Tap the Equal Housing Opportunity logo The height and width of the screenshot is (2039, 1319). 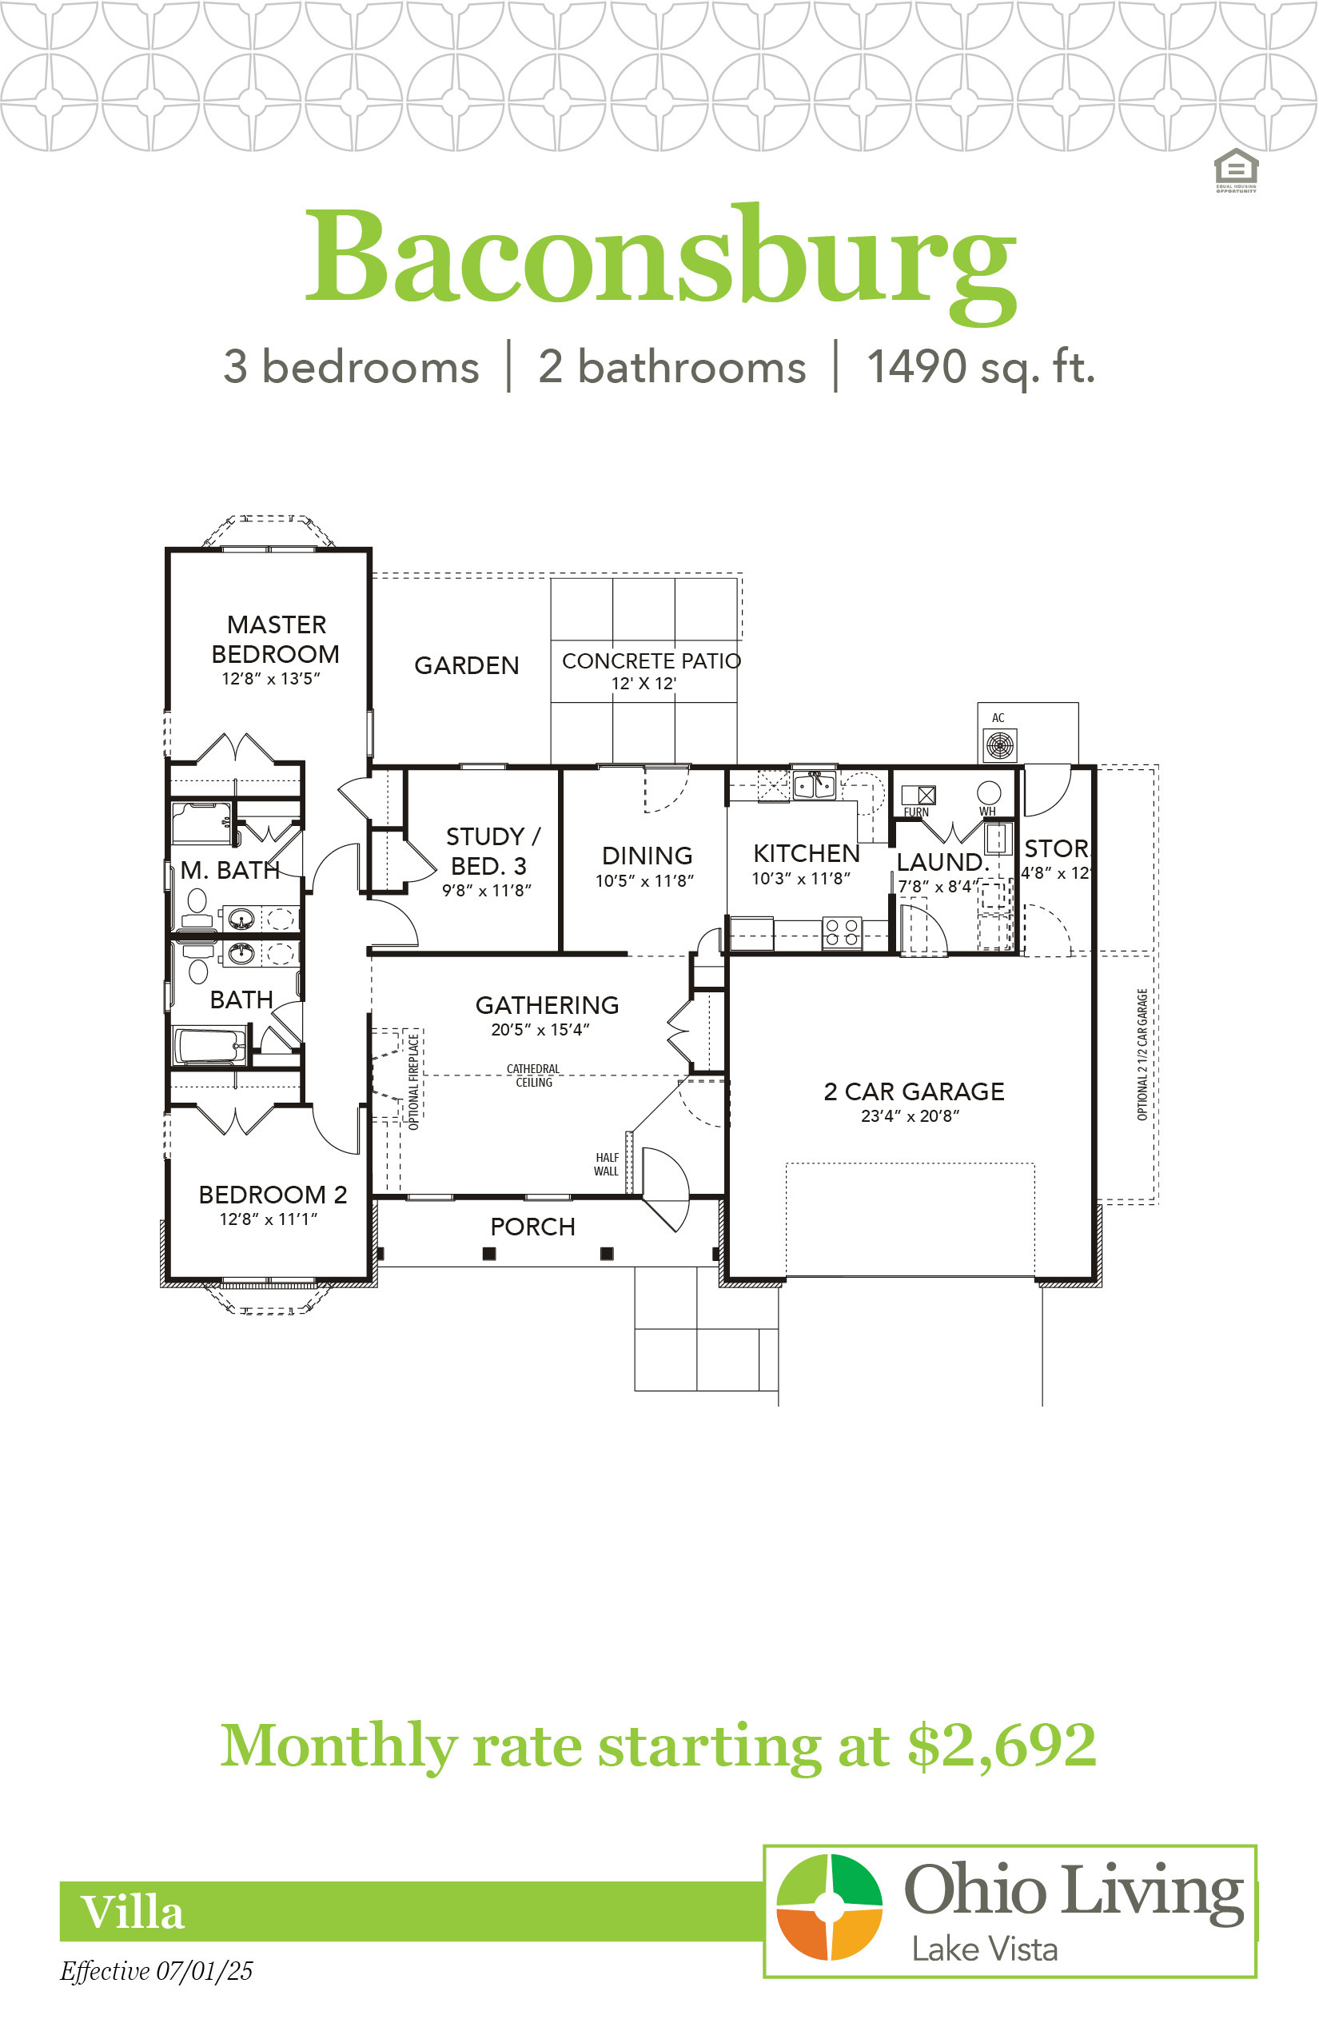(1236, 170)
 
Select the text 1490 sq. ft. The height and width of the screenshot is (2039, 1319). (981, 369)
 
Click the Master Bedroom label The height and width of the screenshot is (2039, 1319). (275, 639)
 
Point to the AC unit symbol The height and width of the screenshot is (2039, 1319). (999, 745)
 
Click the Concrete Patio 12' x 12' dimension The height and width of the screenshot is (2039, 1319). (644, 684)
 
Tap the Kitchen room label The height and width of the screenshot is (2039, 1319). (806, 853)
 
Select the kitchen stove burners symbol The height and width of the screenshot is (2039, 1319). (841, 933)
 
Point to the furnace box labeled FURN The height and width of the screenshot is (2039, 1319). (919, 795)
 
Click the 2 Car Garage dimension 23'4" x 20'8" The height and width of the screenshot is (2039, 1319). (910, 1116)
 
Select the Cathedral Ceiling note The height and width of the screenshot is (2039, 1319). (532, 1076)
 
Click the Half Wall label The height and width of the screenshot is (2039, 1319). (607, 1164)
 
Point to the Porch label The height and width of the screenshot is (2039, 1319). (532, 1227)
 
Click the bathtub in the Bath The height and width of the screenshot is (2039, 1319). (209, 1046)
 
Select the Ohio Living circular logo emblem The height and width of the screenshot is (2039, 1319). (828, 1907)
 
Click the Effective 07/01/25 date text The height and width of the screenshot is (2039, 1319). (156, 1972)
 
